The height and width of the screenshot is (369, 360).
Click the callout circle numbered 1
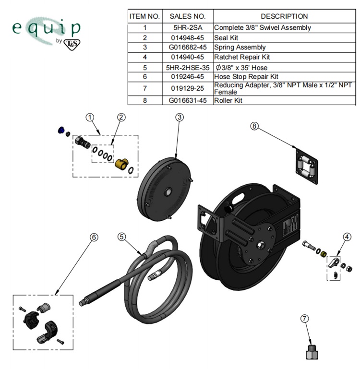tap(89, 117)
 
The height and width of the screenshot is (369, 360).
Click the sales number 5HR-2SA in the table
tap(188, 28)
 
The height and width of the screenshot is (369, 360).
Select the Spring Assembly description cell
tap(240, 48)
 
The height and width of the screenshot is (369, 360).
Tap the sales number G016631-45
tap(188, 101)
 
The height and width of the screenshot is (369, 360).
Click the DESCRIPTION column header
tap(284, 16)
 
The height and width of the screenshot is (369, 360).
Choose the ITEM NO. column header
tap(144, 16)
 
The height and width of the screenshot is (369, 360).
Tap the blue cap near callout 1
tap(61, 130)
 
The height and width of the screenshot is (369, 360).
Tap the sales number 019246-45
tap(188, 77)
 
